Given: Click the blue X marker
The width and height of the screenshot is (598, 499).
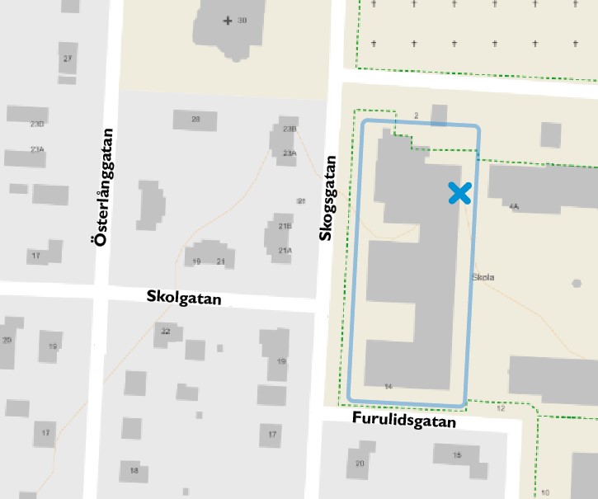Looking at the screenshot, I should click(x=459, y=193).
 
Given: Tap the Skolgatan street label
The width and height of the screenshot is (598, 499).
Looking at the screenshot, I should click(x=184, y=297).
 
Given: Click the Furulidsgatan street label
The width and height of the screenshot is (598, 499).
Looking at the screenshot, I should click(x=404, y=420).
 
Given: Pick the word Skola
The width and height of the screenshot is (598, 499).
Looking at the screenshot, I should click(x=483, y=278).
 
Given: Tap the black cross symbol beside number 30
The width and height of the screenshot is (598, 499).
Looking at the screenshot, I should click(x=228, y=20).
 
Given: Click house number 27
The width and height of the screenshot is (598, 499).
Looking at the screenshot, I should click(x=68, y=58).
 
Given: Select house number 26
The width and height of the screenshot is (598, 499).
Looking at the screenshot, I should click(x=195, y=120).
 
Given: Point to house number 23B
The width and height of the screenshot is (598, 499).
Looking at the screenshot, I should click(x=289, y=129).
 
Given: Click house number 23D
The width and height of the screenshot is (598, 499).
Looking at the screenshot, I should click(x=36, y=124).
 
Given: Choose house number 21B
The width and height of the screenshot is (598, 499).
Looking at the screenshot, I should click(x=285, y=226).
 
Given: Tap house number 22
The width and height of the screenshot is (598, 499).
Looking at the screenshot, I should click(x=166, y=332).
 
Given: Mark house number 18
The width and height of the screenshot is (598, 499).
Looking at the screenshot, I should click(x=133, y=470).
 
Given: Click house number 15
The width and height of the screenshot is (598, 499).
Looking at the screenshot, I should click(x=457, y=455).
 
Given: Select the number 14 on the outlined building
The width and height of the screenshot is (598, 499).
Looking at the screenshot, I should click(x=388, y=386).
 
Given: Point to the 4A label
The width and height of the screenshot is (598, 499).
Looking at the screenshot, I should click(x=514, y=207).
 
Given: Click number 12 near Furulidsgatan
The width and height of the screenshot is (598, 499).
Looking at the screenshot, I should click(x=500, y=408).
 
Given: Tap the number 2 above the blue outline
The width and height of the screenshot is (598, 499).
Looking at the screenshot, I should click(x=417, y=115).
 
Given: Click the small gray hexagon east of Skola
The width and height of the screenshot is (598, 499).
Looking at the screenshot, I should click(x=576, y=284).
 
